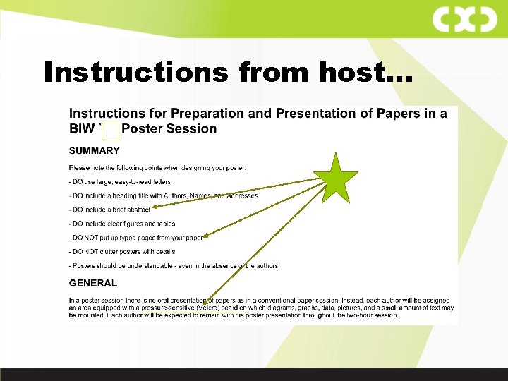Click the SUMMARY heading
(94, 150)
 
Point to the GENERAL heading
(92, 283)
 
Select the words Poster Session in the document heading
(169, 129)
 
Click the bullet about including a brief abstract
(109, 210)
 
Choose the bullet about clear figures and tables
(122, 224)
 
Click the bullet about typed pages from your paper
(135, 238)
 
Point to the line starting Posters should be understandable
(173, 266)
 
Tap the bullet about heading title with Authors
(163, 195)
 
